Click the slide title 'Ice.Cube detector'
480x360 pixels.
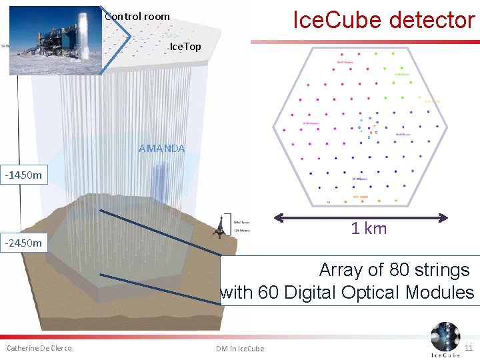tap(383, 20)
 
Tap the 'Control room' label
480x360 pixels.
tap(137, 16)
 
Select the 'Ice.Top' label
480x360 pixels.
tap(185, 47)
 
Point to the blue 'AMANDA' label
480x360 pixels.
tap(161, 148)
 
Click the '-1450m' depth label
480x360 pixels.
tap(23, 175)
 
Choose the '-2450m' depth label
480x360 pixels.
tap(23, 243)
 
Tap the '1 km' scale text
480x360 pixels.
tap(369, 229)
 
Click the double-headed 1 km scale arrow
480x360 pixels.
tap(361, 217)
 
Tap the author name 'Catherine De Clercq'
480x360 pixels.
tap(39, 348)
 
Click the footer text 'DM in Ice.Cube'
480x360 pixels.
tap(240, 349)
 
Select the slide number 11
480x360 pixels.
tap(468, 348)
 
